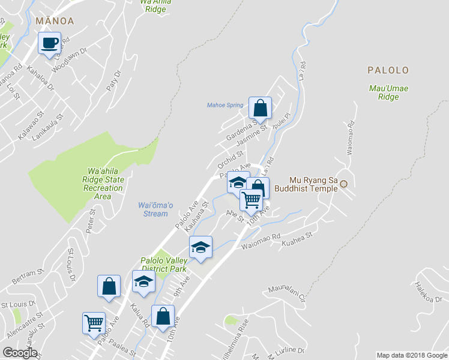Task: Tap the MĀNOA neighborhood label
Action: point(55,21)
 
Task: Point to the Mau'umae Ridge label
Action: point(388,92)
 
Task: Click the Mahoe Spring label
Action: point(225,105)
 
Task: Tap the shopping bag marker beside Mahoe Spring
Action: point(260,109)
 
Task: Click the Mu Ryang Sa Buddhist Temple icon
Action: point(344,184)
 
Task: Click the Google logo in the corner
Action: point(20,353)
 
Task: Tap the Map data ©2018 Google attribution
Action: point(412,355)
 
